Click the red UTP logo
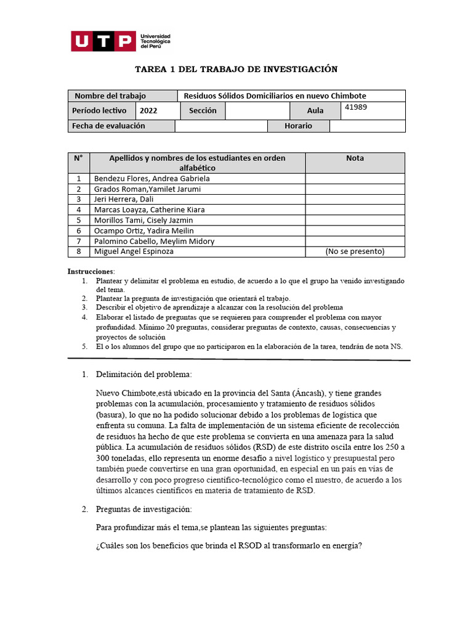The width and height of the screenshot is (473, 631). [x=103, y=41]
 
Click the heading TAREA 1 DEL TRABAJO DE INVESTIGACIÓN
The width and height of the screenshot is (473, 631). [x=236, y=69]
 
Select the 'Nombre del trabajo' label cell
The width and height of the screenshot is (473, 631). [x=110, y=96]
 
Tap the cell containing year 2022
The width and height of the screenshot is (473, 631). [x=148, y=111]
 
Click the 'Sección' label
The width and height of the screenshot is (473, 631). [x=203, y=111]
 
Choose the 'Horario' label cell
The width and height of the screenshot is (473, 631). [x=298, y=126]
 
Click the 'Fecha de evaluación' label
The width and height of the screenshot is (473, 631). [x=108, y=126]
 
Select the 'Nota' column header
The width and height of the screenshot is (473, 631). [x=355, y=158]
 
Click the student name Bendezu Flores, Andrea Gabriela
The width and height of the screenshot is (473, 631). [x=152, y=179]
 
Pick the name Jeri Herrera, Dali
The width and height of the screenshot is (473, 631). [x=124, y=200]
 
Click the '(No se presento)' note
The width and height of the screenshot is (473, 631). [x=355, y=251]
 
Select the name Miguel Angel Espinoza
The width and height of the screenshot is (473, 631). [x=134, y=251]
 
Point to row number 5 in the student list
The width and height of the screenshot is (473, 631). [x=78, y=220]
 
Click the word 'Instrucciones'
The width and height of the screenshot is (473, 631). [x=91, y=271]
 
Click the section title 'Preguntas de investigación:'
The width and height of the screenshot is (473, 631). [x=144, y=509]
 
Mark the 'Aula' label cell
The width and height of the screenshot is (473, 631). [x=315, y=111]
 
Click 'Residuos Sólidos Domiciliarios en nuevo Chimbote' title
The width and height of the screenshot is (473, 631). [x=275, y=96]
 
